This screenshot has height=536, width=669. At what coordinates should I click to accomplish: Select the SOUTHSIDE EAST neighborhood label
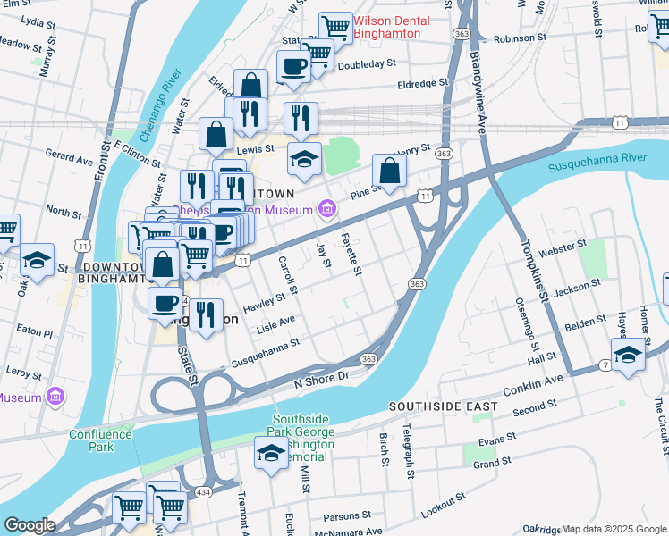[443, 406]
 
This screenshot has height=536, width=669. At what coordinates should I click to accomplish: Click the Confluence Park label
[101, 441]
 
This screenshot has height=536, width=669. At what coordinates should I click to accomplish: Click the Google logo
[30, 524]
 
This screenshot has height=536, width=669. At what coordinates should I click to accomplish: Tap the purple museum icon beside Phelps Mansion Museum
[327, 210]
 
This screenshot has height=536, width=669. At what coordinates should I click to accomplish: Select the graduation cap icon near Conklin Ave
[628, 355]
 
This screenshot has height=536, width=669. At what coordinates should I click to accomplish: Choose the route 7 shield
[605, 364]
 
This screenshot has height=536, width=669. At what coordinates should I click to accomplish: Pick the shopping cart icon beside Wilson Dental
[335, 27]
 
